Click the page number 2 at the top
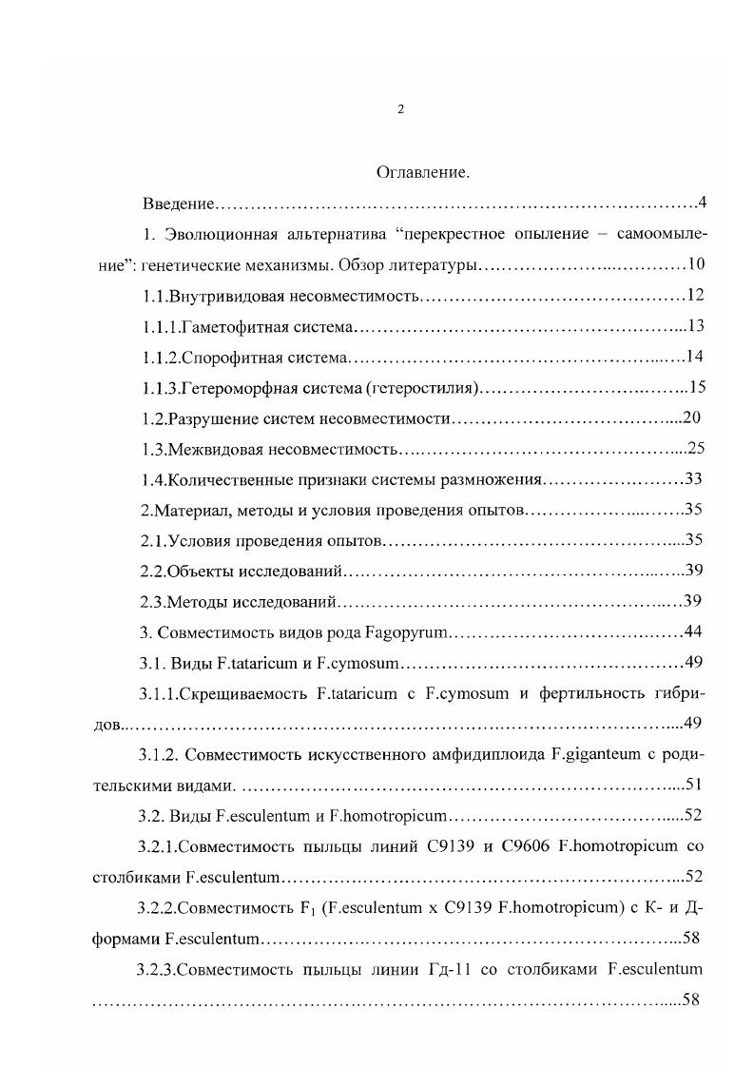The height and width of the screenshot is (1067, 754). point(400,110)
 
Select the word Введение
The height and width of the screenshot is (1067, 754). point(179,204)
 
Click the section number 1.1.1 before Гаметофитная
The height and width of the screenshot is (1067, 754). point(161,326)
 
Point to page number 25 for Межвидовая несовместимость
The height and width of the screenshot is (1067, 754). point(694,449)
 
